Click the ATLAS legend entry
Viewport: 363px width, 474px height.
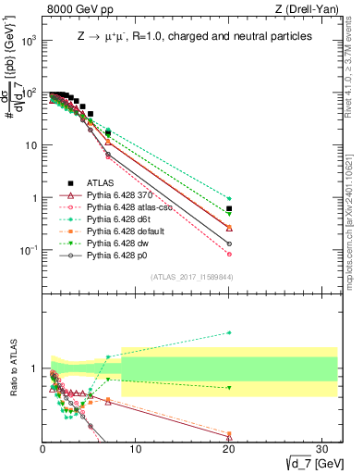click(x=100, y=182)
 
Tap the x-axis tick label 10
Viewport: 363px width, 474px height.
click(x=136, y=450)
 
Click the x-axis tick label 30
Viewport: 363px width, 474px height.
click(x=321, y=450)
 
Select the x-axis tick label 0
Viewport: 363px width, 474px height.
click(x=43, y=450)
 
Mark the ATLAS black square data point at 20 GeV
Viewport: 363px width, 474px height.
click(x=229, y=208)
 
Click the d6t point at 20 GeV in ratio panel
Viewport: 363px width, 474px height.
click(x=229, y=332)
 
